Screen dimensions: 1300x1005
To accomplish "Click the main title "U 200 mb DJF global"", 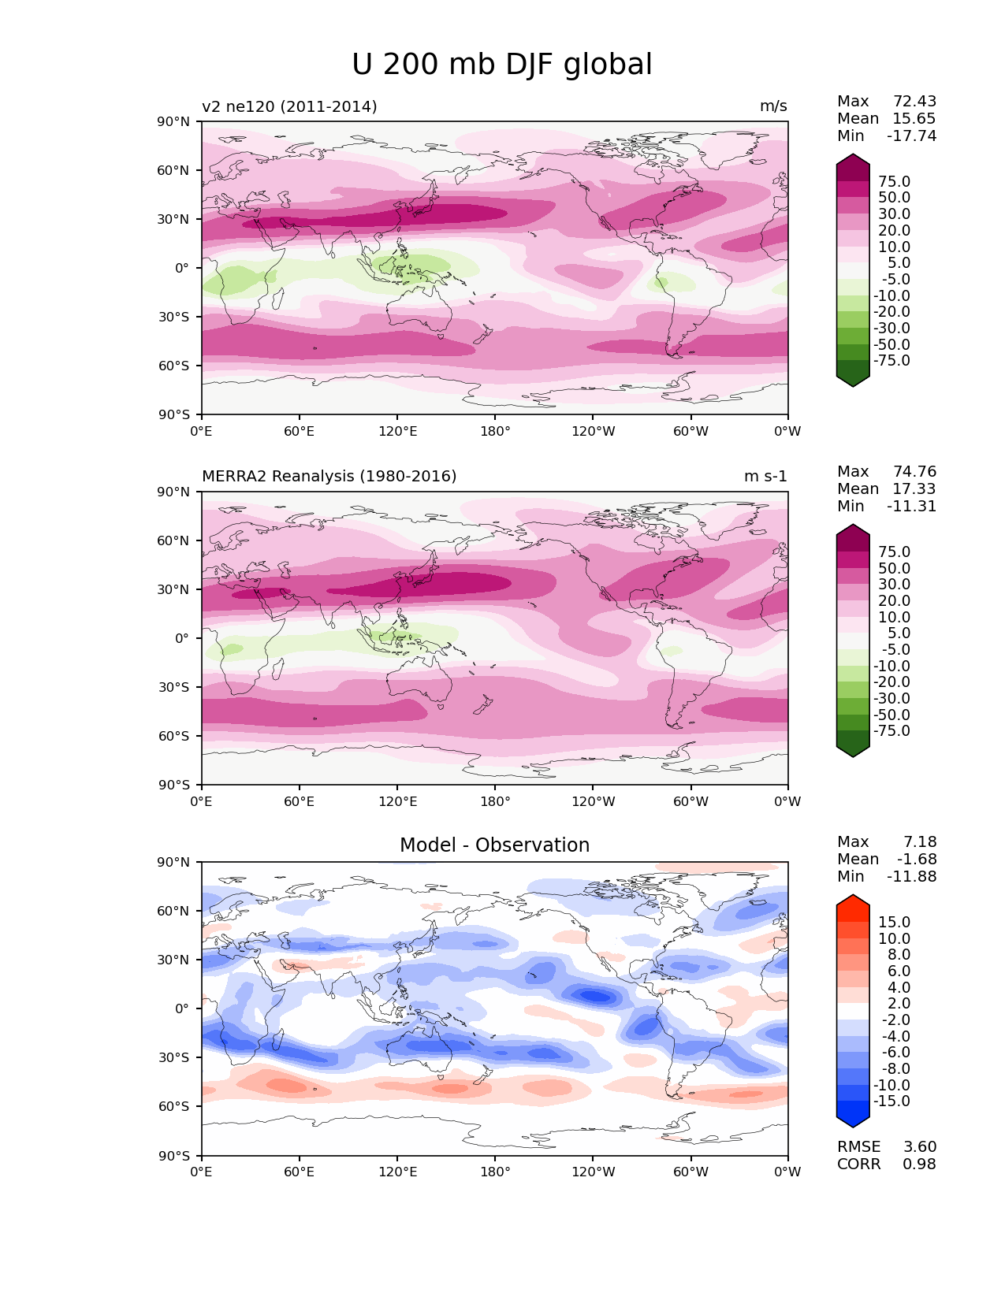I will (501, 65).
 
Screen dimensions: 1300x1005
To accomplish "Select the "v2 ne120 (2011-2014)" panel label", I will (289, 106).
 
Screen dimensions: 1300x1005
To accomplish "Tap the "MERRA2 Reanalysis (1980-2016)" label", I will (329, 477).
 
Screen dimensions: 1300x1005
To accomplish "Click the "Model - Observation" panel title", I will (494, 845).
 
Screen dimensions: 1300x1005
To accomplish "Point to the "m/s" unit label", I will (772, 106).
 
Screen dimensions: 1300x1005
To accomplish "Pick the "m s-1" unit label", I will (765, 477).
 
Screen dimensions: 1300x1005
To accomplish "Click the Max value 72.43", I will (914, 102).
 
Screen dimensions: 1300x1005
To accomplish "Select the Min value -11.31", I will (911, 507).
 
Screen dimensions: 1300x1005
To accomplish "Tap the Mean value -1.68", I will (917, 860).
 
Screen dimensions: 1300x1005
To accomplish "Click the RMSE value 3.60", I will (919, 1147).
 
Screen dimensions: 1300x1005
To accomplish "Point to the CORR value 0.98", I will (919, 1164).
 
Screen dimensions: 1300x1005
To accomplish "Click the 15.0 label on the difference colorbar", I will (894, 923).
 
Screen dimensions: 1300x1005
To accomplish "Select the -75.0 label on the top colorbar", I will (891, 361).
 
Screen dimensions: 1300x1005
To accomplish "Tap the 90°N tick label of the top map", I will (173, 121).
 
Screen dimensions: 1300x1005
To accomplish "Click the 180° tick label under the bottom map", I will (494, 1172).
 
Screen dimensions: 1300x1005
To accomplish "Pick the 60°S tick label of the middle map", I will (173, 736).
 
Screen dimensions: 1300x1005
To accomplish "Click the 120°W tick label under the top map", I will (593, 431).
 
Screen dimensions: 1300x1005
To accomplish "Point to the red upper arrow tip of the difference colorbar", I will (853, 900).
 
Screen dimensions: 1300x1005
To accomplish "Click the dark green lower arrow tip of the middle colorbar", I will (853, 752).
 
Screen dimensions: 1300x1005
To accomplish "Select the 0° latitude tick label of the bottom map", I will (181, 1008).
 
